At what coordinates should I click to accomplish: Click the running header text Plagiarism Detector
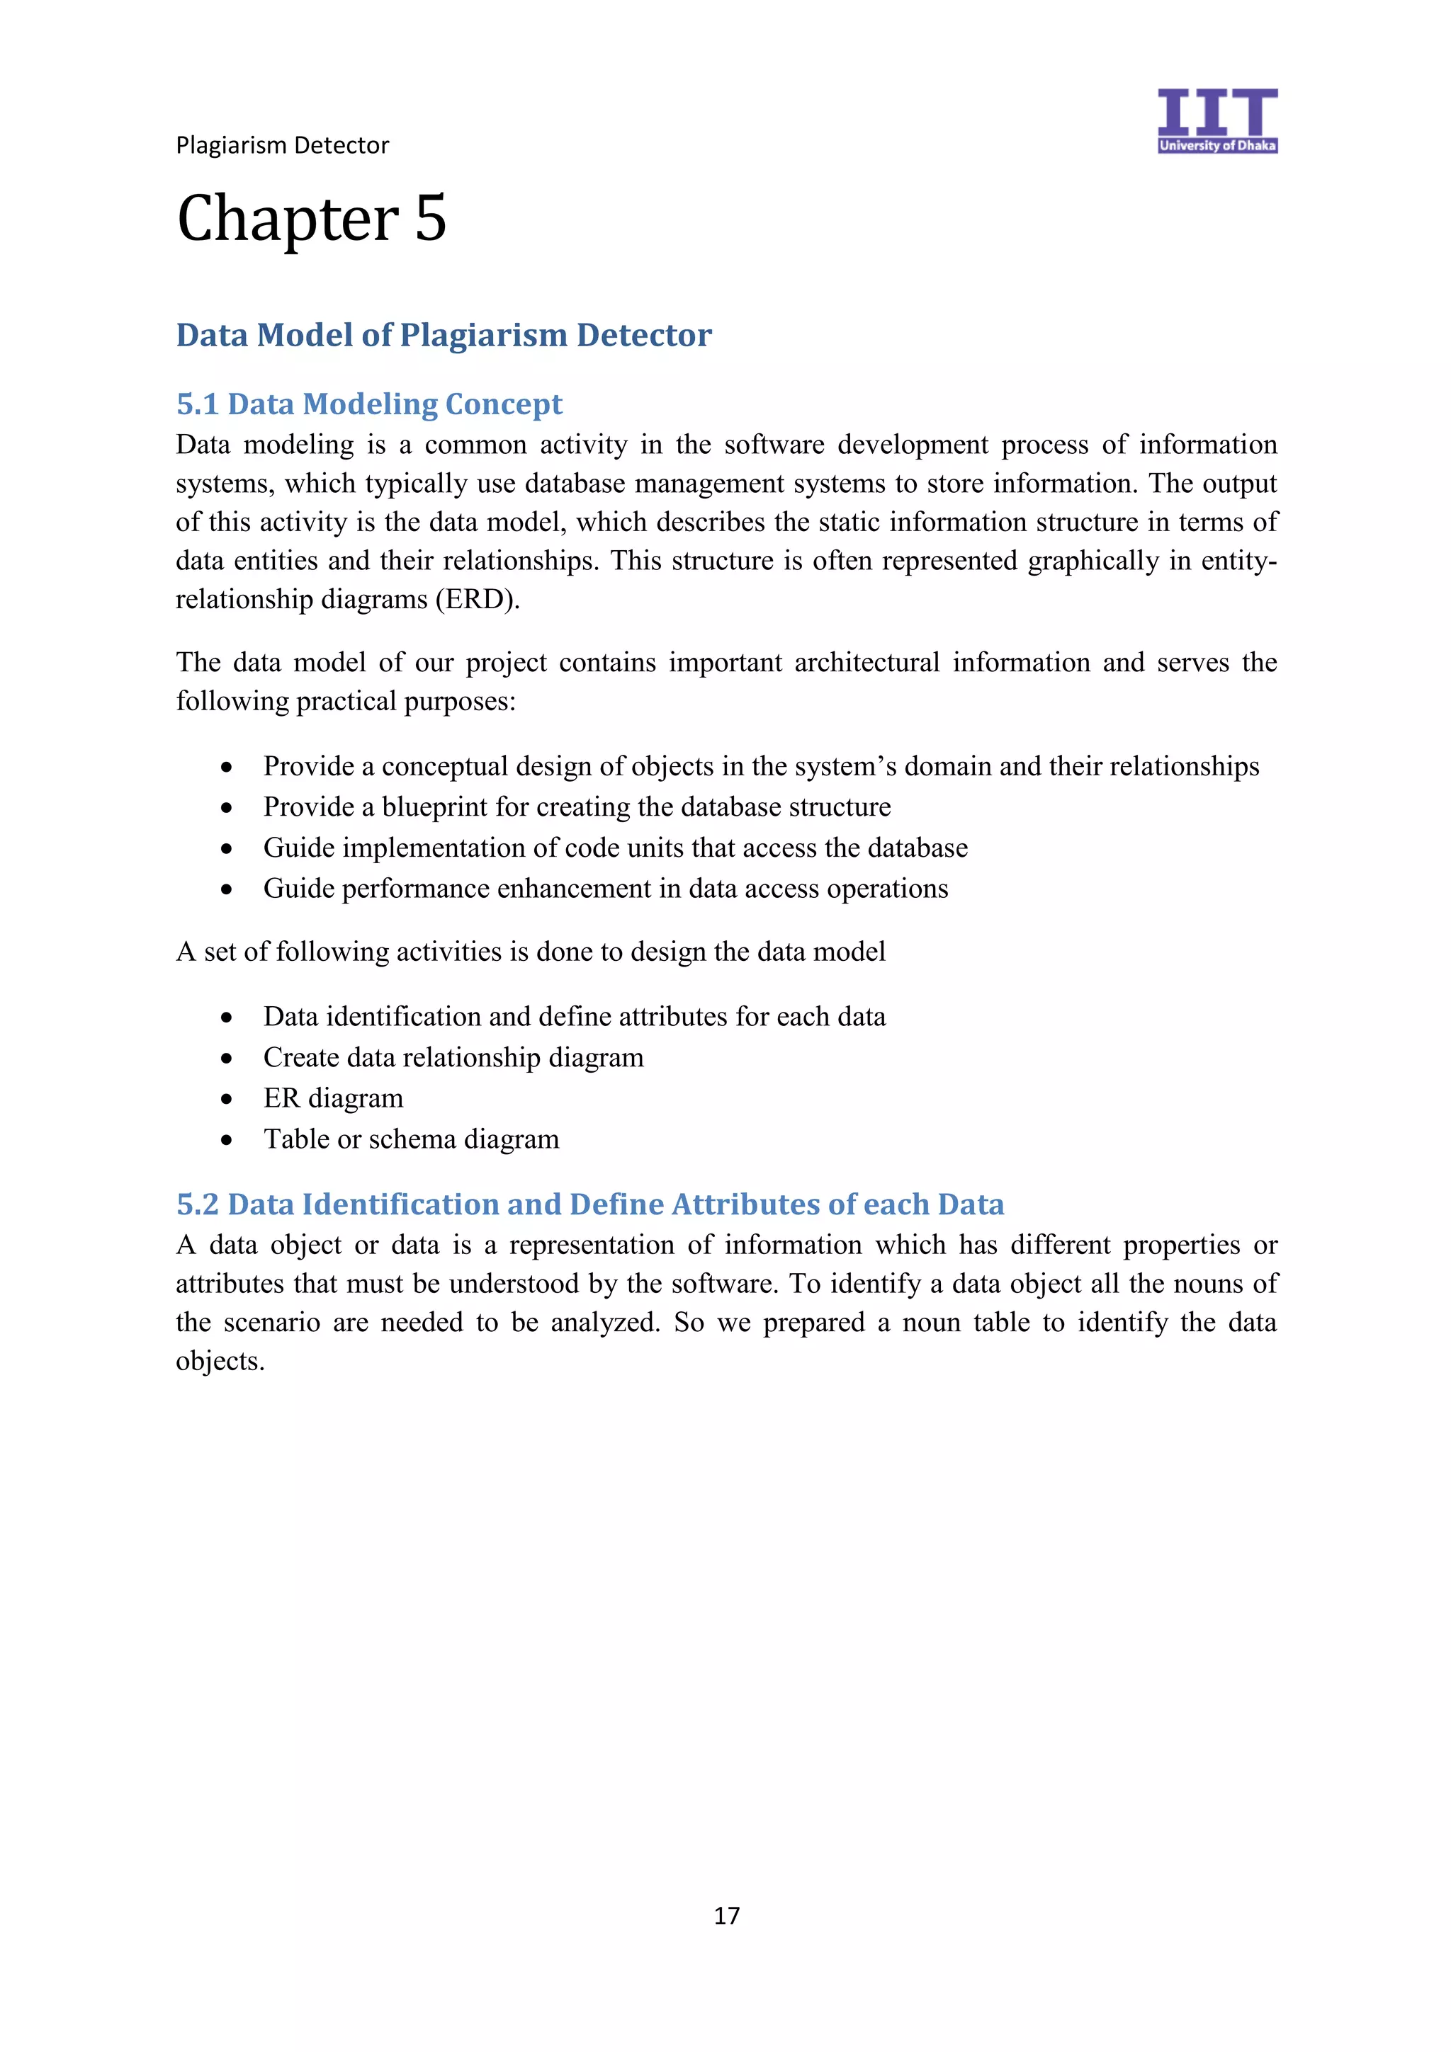tap(283, 146)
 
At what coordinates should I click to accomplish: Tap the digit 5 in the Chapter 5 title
tap(430, 219)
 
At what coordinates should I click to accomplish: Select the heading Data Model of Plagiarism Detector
tap(444, 335)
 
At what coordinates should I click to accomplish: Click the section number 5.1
tap(198, 404)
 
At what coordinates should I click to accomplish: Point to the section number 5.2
tap(198, 1204)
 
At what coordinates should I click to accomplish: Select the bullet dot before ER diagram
tap(227, 1099)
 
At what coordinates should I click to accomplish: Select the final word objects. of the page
tap(220, 1361)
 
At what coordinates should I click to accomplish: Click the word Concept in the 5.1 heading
tap(503, 404)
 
